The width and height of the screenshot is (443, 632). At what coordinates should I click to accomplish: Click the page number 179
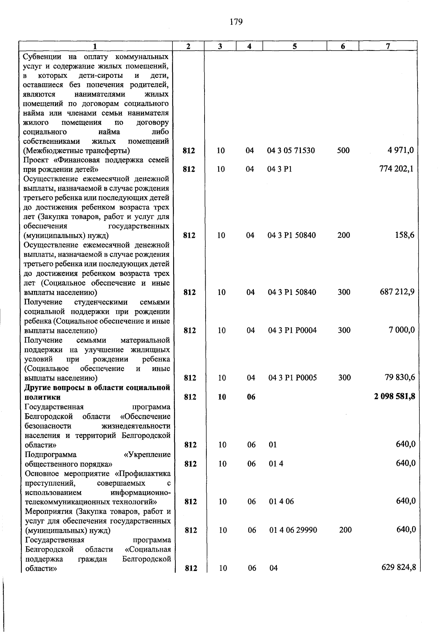coord(236,22)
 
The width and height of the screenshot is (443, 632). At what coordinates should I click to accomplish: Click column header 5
coord(295,46)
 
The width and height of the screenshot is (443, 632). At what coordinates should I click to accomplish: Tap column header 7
coord(388,46)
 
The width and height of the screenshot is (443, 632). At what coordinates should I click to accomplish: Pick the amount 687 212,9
coord(397,292)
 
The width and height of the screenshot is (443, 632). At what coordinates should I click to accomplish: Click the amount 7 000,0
coord(401,330)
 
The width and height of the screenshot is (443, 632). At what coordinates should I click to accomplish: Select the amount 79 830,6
coord(399,377)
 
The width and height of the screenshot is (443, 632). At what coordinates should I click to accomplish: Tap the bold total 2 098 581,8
coord(395,396)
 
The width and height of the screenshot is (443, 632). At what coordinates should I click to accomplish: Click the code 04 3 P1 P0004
coord(292,330)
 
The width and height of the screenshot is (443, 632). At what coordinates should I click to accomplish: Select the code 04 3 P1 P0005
coord(292,378)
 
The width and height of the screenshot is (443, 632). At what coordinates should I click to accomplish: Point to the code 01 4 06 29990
coord(293,530)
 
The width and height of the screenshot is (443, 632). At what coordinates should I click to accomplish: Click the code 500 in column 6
coord(343,150)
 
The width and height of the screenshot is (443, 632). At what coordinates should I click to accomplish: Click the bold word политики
coord(42,397)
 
